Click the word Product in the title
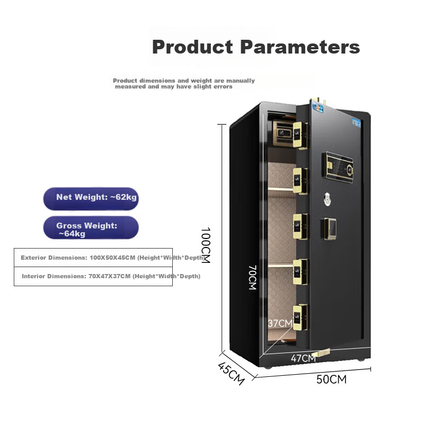[192, 47]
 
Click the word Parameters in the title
[300, 47]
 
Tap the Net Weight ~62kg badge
[91, 199]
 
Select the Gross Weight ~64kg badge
[91, 227]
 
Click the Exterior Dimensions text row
[113, 258]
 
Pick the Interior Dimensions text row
[111, 276]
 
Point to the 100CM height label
[206, 245]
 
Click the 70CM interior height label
[252, 277]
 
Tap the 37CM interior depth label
[280, 323]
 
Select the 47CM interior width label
[303, 358]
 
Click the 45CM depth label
[231, 373]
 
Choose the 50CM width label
[332, 379]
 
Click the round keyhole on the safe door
[328, 199]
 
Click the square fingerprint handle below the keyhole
[329, 229]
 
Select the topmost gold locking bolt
[301, 135]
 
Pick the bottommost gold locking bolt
[301, 317]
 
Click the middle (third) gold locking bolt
[301, 226]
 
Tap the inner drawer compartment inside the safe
[283, 134]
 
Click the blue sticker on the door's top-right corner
[357, 123]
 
